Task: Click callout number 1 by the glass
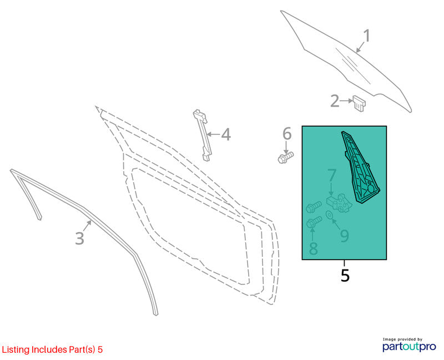pos(367,36)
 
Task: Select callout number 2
pos(335,101)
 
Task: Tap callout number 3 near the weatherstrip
pos(79,238)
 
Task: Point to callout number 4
pos(226,134)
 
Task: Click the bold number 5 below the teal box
pos(345,275)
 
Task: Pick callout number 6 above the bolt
pos(287,133)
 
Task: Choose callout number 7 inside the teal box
pos(331,176)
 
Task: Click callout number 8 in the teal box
pos(313,248)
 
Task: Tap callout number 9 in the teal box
pos(344,236)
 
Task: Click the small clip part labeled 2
pos(359,103)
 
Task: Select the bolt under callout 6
pos(285,157)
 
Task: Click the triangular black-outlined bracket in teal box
pos(360,167)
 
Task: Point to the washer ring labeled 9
pos(329,214)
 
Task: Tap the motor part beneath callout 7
pos(339,203)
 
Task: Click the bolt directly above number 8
pos(314,222)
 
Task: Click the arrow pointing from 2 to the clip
pos(346,101)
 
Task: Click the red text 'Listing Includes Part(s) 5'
pos(52,349)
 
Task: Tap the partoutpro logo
pos(409,344)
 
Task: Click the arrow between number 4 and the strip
pos(214,134)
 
